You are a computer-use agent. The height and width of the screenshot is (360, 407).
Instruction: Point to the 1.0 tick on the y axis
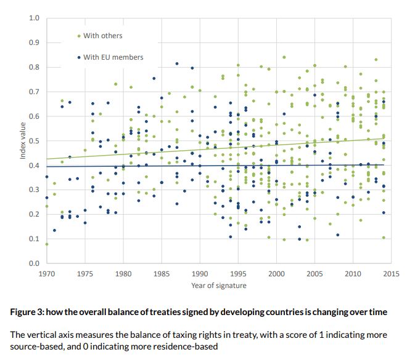(x=35, y=18)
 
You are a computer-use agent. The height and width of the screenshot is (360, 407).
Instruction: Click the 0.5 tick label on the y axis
(x=35, y=141)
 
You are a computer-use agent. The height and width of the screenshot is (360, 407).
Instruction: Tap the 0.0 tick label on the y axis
(x=35, y=263)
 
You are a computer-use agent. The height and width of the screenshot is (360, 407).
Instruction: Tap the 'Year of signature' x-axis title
(x=219, y=285)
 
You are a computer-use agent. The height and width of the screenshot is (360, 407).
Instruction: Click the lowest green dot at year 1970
(x=47, y=244)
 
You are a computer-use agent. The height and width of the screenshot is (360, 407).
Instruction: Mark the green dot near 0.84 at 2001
(x=284, y=57)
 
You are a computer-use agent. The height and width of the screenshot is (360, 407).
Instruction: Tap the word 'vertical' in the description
(x=44, y=334)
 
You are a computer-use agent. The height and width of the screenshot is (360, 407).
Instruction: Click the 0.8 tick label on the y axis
(x=35, y=67)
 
